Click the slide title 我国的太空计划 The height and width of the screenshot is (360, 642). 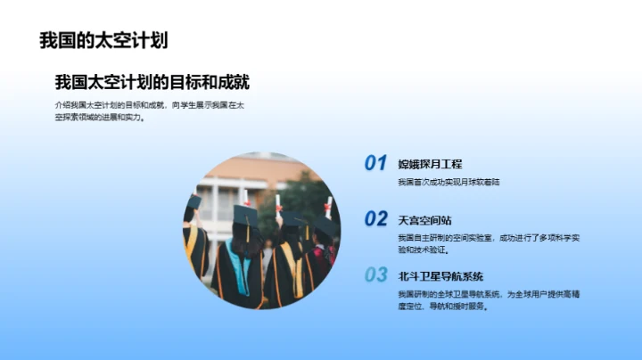click(103, 41)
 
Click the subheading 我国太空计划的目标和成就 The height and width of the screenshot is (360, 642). click(152, 83)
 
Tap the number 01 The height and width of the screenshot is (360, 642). click(375, 163)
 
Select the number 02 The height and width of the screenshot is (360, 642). click(375, 219)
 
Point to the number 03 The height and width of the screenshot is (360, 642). click(375, 275)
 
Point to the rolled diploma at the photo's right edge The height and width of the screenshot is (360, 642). click(327, 208)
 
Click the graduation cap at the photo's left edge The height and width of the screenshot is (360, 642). click(193, 202)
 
